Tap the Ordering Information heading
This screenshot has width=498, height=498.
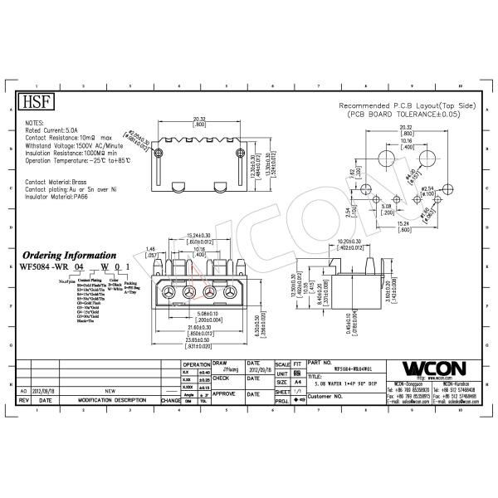click(x=69, y=256)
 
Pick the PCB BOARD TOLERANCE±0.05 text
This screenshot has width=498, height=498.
click(x=403, y=114)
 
